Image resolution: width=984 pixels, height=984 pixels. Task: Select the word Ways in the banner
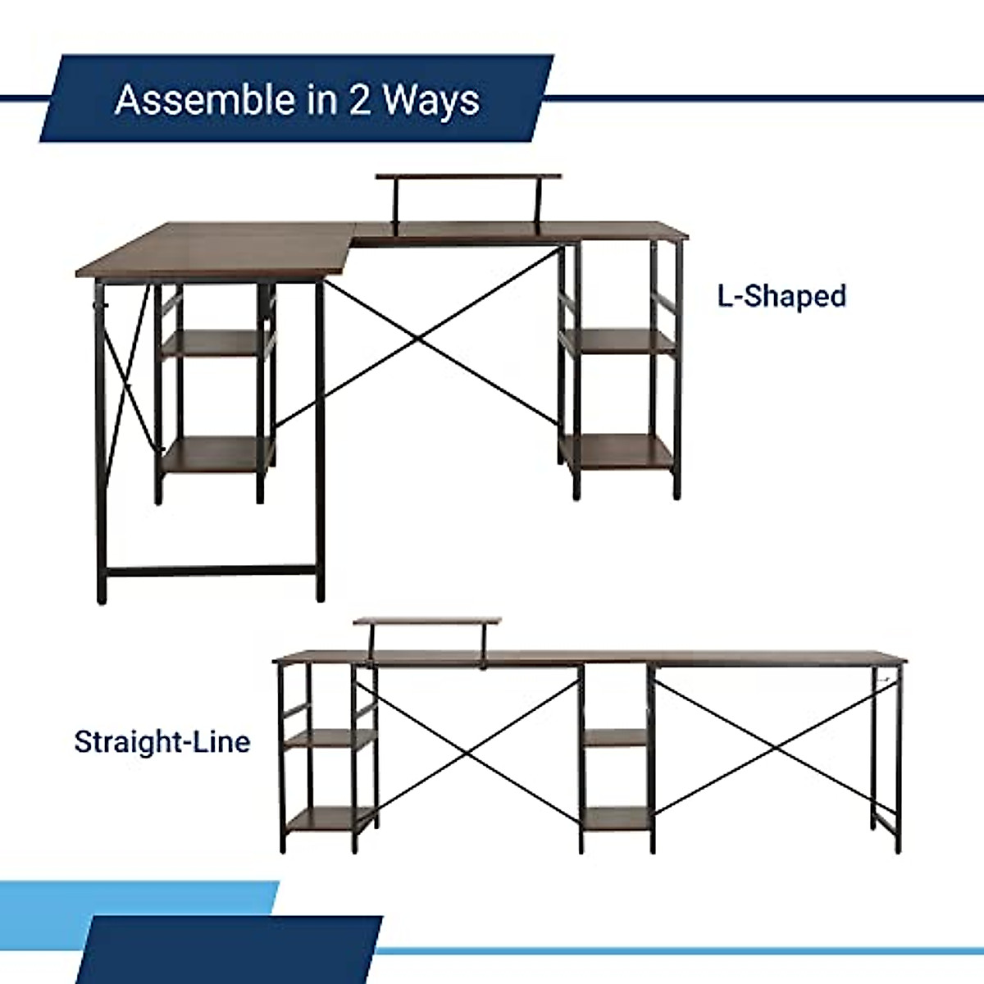(431, 99)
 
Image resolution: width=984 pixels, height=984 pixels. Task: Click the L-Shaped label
(781, 295)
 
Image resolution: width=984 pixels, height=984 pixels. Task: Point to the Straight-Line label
(162, 741)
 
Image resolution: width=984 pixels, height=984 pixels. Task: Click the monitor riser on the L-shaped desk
(469, 178)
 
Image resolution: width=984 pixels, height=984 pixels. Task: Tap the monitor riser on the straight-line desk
(428, 622)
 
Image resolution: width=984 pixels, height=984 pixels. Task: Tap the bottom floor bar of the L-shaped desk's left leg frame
(211, 571)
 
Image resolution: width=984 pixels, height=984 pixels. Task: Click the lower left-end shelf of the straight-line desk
(324, 818)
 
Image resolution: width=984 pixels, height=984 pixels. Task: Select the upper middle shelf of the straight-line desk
(617, 738)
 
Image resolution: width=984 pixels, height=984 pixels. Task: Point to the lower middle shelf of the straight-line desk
(617, 817)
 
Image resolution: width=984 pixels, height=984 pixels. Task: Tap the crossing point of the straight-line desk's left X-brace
(474, 748)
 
